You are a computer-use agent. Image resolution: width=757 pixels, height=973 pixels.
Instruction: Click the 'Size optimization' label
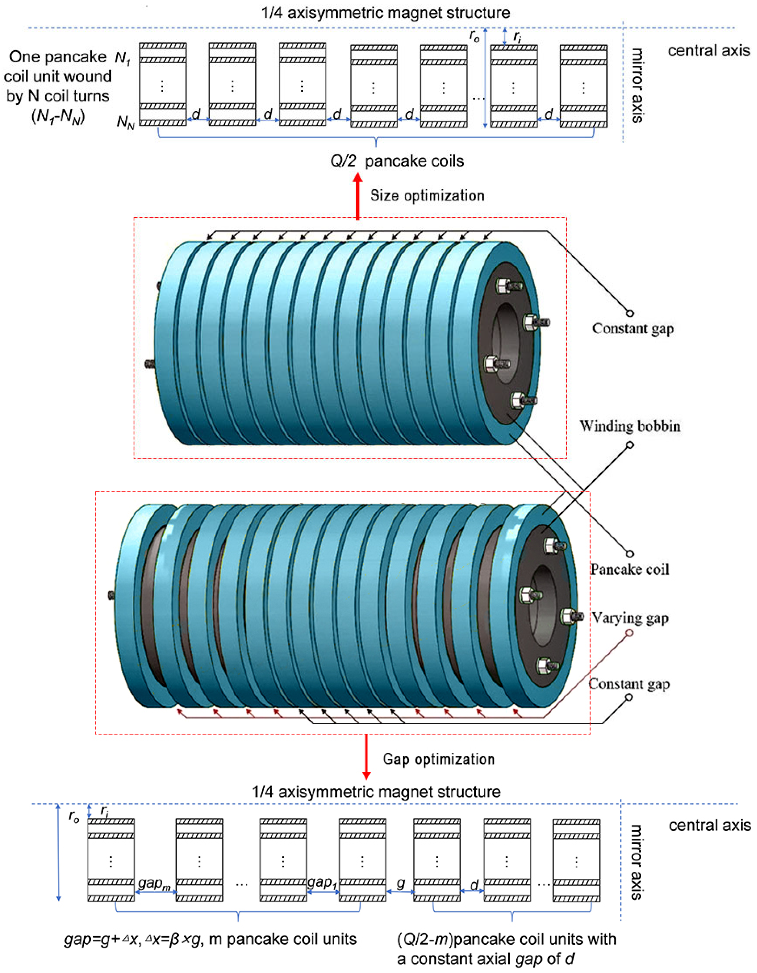(427, 196)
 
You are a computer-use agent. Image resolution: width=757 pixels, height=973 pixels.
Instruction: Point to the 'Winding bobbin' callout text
(630, 426)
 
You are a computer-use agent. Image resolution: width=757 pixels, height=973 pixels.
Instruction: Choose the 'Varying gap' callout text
(630, 618)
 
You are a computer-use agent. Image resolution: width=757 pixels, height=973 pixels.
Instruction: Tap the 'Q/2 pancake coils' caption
(396, 161)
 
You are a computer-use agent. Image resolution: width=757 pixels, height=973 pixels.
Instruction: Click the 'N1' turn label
(123, 58)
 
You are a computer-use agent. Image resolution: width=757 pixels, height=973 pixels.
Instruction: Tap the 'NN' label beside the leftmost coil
(125, 121)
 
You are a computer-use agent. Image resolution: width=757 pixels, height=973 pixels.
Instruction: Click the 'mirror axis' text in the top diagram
(638, 85)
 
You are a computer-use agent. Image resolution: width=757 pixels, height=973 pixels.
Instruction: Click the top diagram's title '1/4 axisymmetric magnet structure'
(385, 12)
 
